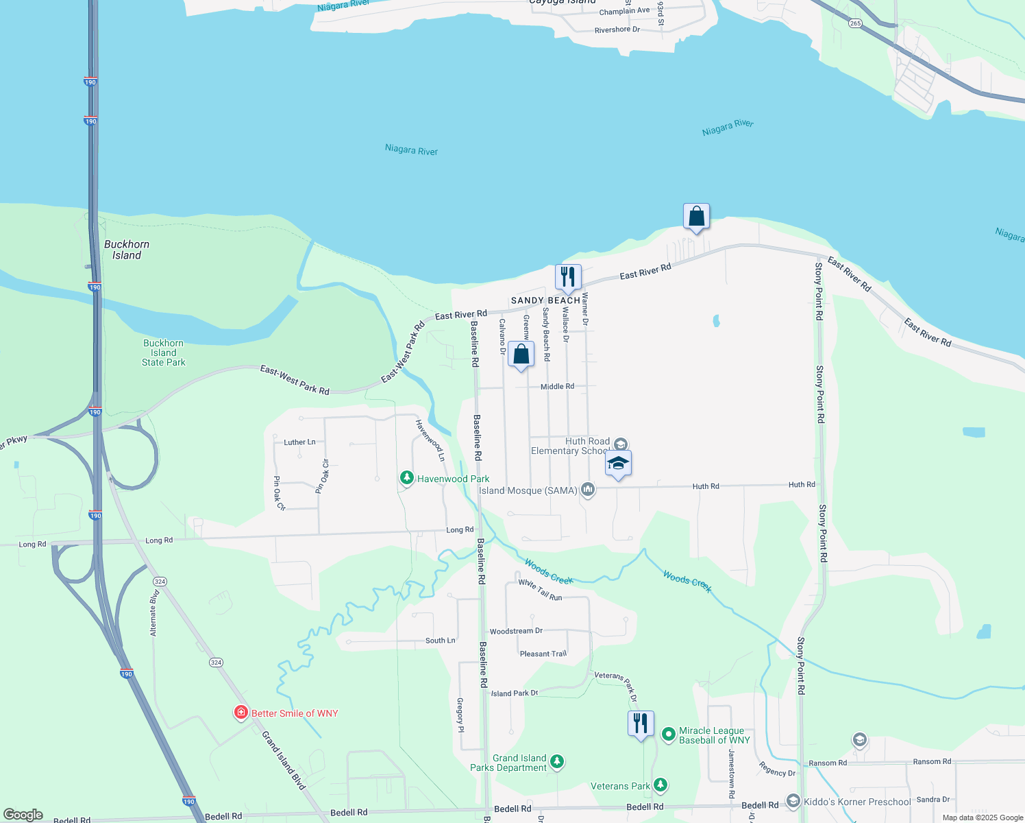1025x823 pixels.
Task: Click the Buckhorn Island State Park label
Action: coord(163,353)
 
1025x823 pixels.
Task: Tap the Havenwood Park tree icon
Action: coord(407,477)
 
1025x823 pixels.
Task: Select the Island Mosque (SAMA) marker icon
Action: coord(587,490)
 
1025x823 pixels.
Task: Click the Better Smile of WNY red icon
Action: coord(240,713)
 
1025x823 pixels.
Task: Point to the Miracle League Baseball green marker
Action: coord(669,735)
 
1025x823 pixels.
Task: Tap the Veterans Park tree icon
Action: coord(660,785)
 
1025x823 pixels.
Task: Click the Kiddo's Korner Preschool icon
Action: coord(793,800)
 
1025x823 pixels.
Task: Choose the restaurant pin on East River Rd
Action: coord(568,276)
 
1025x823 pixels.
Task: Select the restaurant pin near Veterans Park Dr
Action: coord(641,723)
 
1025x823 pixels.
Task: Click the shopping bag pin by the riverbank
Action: coord(696,217)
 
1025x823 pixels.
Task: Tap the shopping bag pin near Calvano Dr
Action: coord(521,354)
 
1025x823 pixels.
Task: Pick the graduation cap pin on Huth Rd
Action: coord(618,463)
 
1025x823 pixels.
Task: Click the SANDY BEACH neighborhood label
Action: coord(545,300)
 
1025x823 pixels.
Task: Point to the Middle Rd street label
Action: coord(557,386)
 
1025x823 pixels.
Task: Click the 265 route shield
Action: coord(855,23)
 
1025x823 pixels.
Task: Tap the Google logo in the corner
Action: coord(23,815)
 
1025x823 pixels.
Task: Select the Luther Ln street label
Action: coord(299,442)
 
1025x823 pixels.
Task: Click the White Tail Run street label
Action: coord(540,590)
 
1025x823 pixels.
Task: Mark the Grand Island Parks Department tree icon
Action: coord(557,761)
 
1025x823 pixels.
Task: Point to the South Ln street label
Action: coord(440,641)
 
